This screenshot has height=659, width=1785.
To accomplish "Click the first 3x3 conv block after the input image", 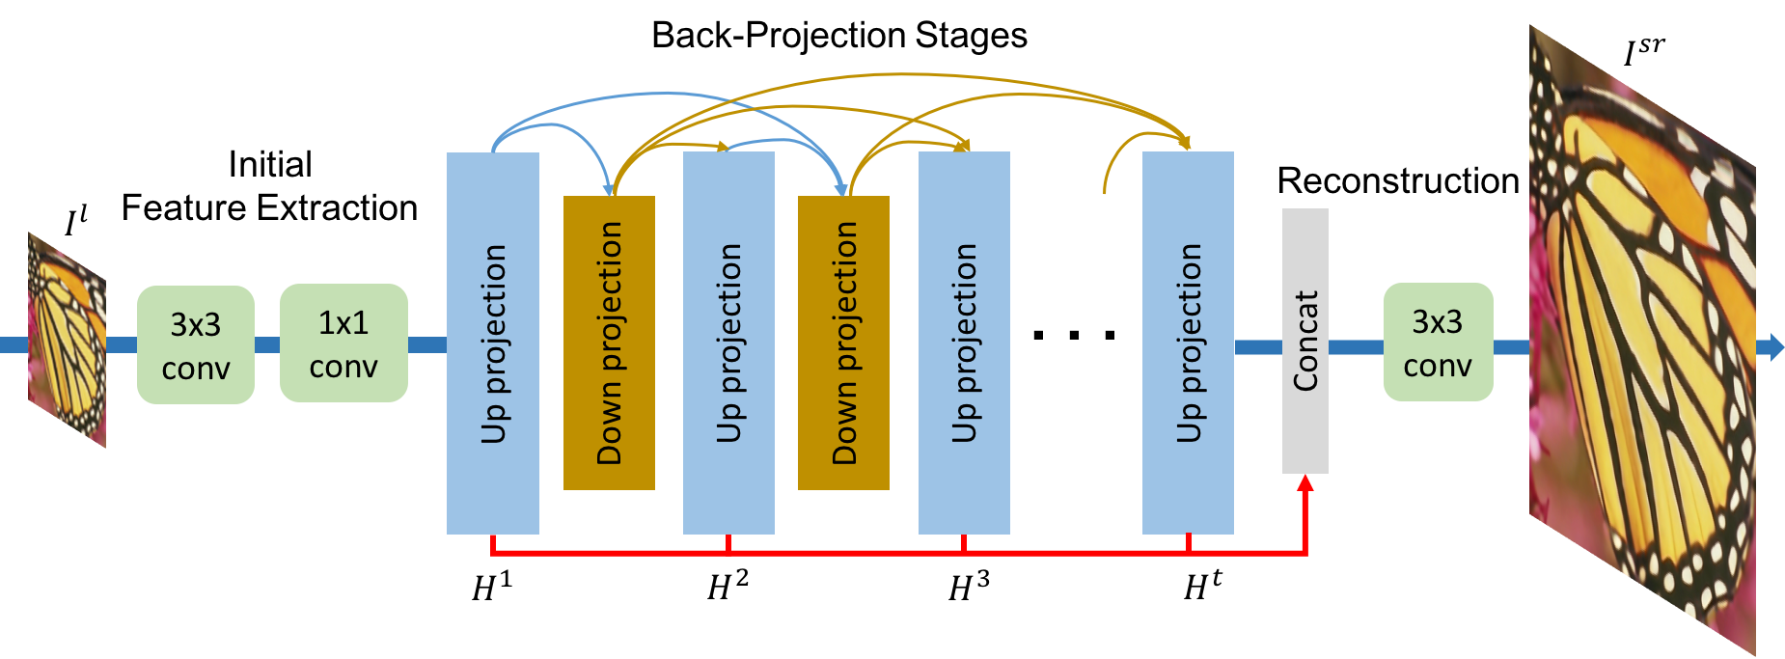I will click(196, 344).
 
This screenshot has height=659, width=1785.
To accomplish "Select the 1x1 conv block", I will click(343, 343).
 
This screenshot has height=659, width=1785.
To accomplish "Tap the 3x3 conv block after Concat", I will click(1438, 342).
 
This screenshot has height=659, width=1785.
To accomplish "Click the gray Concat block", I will click(1304, 341).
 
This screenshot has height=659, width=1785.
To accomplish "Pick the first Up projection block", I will click(492, 343).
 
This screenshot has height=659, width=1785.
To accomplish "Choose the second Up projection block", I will click(728, 343).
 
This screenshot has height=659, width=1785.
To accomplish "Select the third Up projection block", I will click(964, 343).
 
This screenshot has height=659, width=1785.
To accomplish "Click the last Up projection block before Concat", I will click(1188, 343).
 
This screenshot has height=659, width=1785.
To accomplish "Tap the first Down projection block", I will click(609, 343).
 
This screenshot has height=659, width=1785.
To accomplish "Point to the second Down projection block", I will click(843, 343).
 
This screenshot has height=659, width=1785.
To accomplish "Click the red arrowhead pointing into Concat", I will click(1304, 482).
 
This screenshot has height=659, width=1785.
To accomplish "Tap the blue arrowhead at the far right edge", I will click(1775, 346).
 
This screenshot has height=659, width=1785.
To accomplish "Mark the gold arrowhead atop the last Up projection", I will click(1186, 144).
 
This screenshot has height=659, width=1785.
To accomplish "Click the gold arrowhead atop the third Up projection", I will click(963, 146).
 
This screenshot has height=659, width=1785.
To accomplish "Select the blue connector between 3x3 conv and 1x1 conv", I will click(267, 344).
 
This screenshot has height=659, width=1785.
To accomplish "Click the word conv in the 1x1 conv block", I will click(343, 367).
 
